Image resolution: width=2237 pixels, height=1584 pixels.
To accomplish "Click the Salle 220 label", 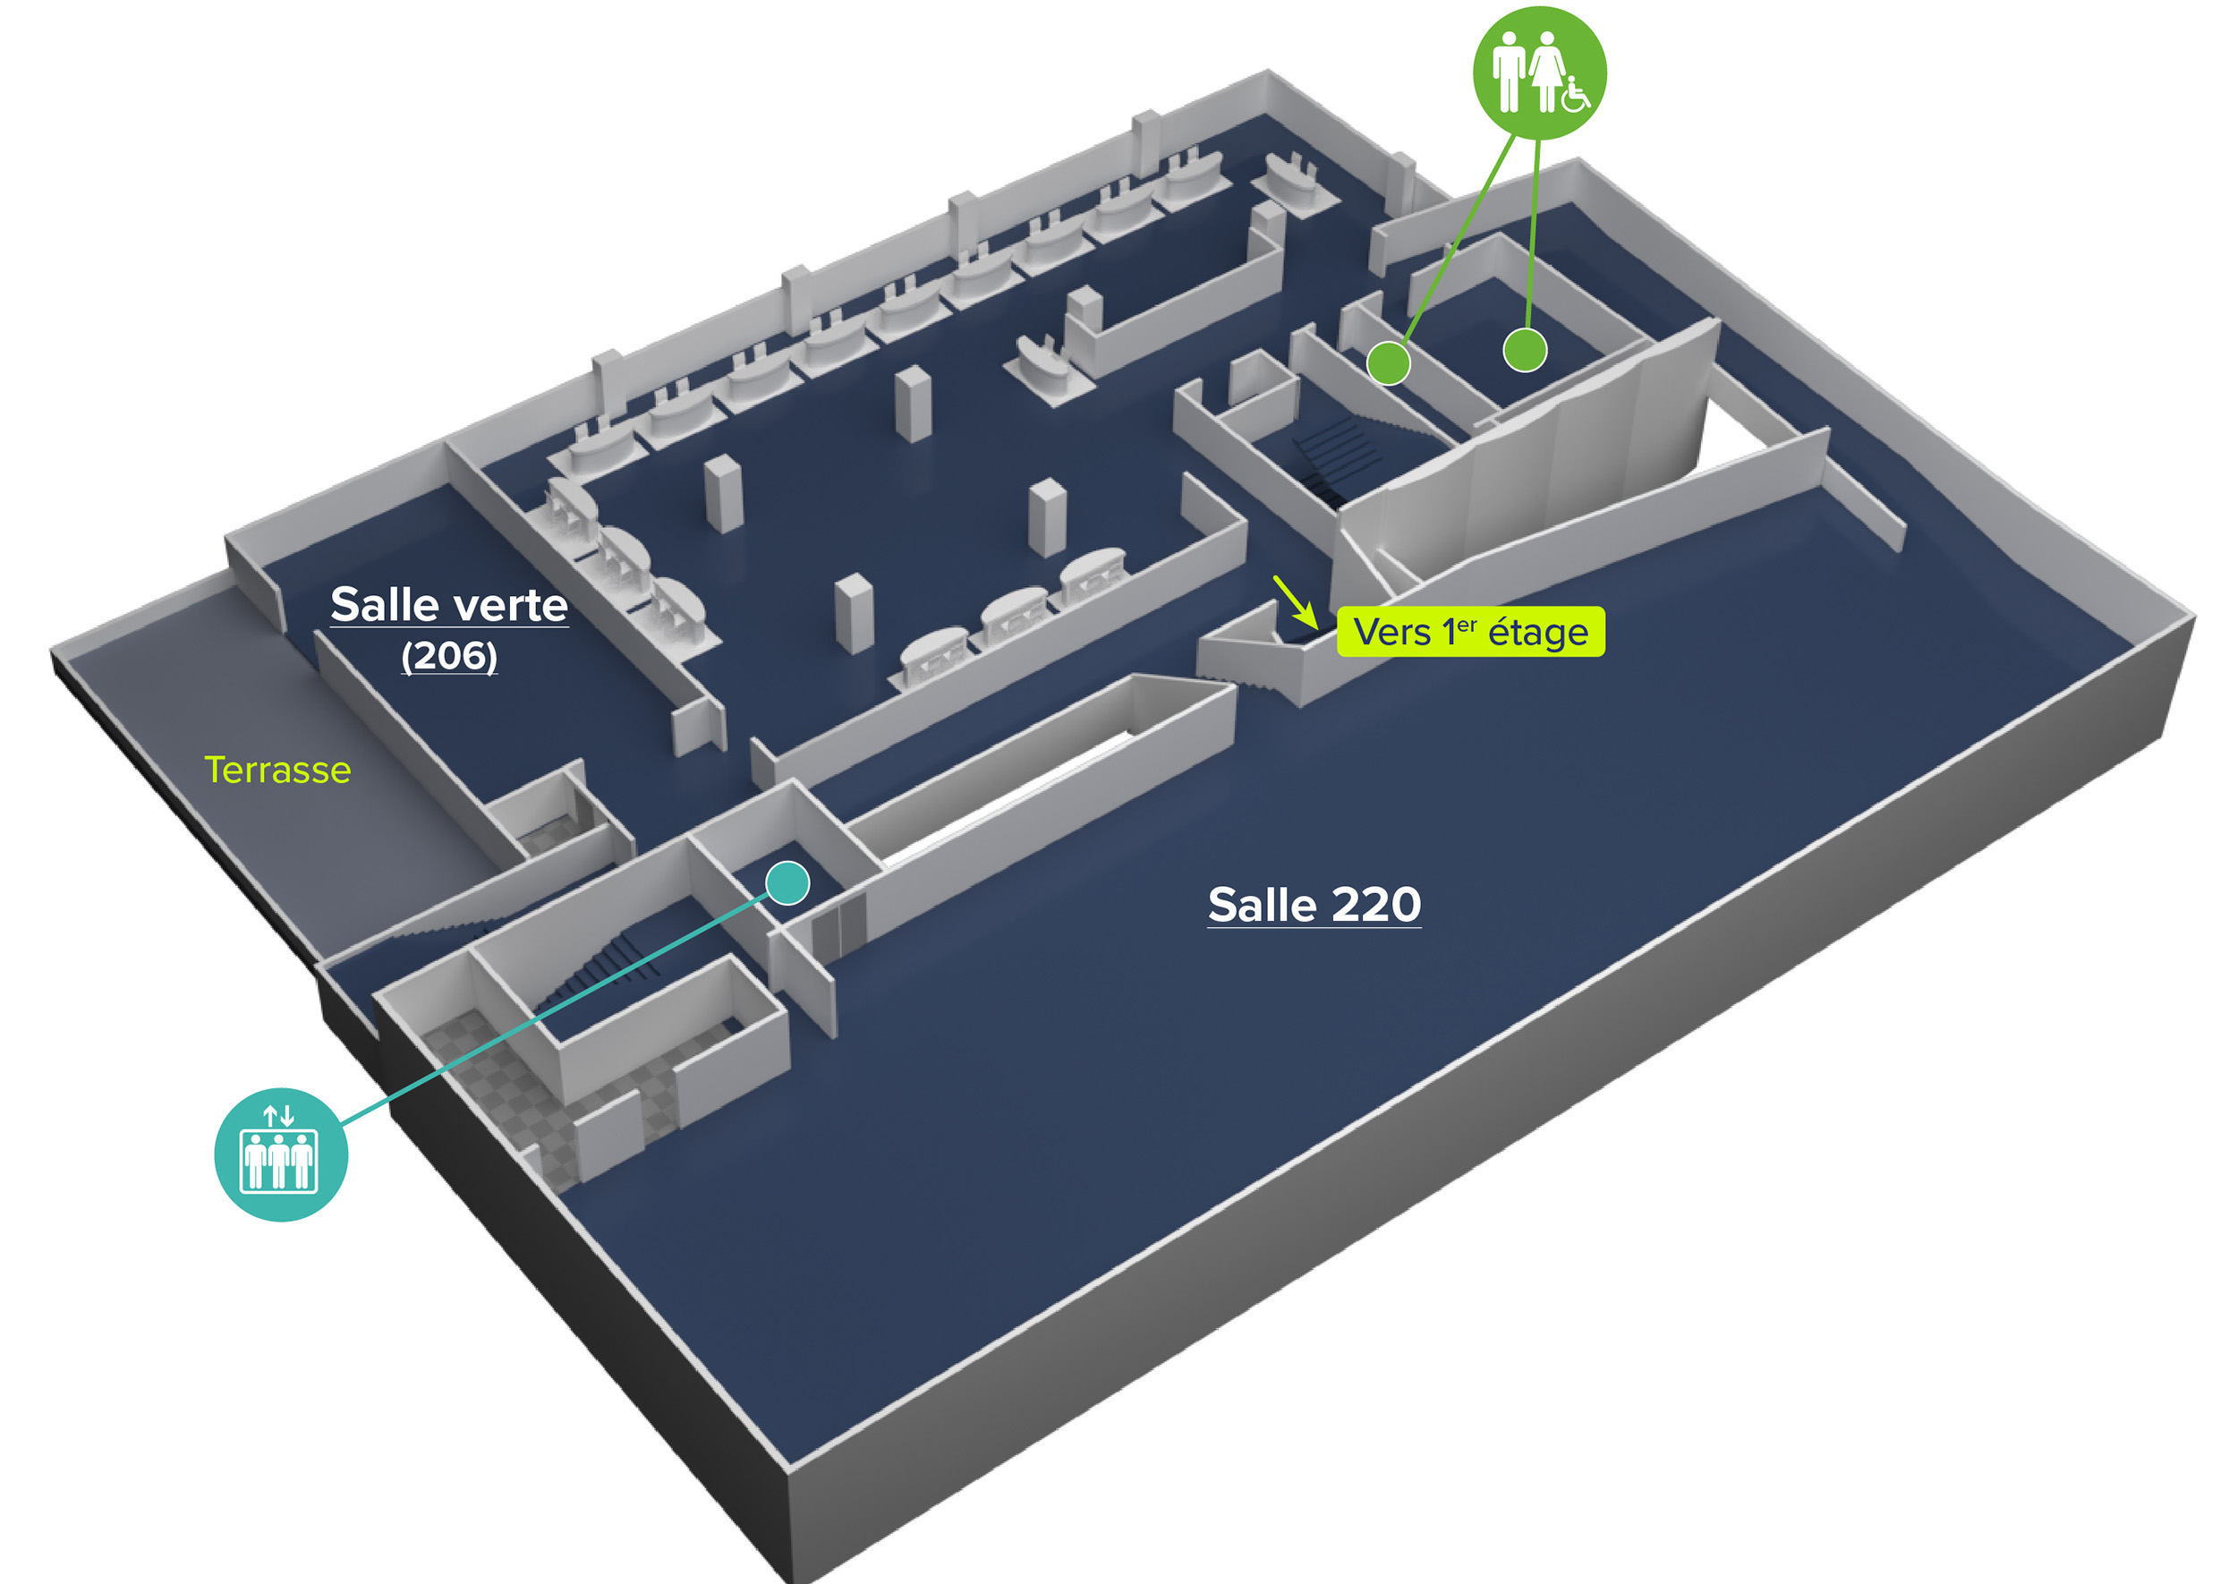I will pos(1314,905).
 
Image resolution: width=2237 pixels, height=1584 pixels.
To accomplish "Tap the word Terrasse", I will pos(278,770).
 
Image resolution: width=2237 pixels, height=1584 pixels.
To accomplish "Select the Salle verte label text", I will pos(448,605).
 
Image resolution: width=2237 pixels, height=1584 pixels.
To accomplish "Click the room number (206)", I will pos(448,655).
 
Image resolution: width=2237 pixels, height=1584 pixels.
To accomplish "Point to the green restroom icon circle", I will pos(1539,73).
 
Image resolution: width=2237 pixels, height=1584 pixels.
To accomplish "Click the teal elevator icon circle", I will pos(281,1154).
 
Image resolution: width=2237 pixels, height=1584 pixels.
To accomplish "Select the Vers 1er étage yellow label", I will pos(1469,632).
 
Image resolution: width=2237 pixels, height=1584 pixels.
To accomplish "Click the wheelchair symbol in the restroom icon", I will pos(1576,96).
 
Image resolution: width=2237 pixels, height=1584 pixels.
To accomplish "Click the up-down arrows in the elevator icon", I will pos(279,1115).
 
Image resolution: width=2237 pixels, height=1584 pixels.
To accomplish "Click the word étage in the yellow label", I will pos(1538,633).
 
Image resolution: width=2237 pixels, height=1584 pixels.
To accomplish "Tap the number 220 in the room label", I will pos(1376,905).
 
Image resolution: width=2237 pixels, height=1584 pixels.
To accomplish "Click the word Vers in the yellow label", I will pos(1391,633).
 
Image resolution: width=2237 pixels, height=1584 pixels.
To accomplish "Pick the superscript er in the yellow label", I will pos(1467,623).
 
